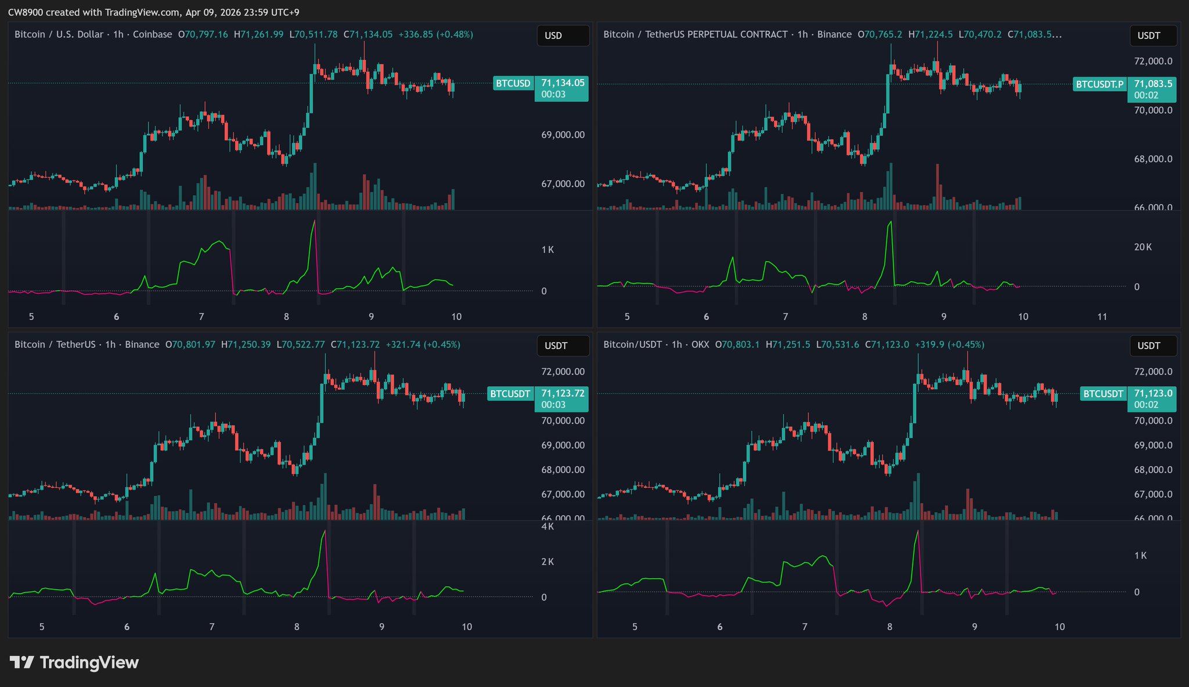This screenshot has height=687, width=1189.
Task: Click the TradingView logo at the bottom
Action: pos(74,663)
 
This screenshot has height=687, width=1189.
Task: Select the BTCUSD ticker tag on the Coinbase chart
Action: pos(513,84)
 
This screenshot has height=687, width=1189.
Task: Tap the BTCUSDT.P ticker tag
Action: pos(1100,84)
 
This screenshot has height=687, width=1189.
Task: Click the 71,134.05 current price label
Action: pos(562,83)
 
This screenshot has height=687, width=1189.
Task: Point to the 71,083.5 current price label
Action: pos(1153,84)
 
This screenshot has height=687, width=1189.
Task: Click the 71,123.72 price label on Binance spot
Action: pos(562,393)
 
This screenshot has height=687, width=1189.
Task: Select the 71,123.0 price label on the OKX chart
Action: pos(1153,393)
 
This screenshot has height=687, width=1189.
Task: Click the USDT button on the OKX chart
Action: pos(1152,346)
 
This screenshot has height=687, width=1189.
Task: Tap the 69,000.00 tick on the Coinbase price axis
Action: pos(563,135)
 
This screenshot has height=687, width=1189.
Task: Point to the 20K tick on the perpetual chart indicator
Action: pos(1143,247)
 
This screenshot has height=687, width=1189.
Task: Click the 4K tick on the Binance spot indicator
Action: pos(547,527)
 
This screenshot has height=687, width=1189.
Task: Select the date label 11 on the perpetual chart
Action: pos(1102,316)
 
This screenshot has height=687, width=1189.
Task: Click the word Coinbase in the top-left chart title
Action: pos(153,34)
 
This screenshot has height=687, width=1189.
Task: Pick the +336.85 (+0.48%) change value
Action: pos(435,34)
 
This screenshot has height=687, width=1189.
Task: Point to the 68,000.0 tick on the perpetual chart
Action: pos(1153,159)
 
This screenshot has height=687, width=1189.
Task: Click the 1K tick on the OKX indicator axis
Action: pos(1140,556)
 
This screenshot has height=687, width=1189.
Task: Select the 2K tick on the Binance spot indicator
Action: pos(547,562)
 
